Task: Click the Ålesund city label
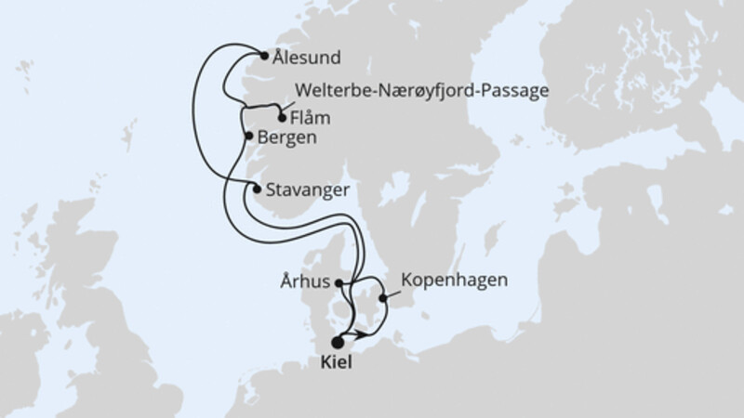tap(307, 57)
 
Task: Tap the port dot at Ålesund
tap(265, 55)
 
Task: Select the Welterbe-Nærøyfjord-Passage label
tap(421, 91)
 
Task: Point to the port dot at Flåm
tap(282, 117)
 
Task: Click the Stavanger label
tap(308, 190)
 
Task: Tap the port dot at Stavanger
tap(257, 189)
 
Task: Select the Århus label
tap(304, 279)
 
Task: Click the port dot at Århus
tap(340, 282)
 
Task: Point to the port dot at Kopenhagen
tap(385, 298)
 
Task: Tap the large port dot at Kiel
tap(337, 342)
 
